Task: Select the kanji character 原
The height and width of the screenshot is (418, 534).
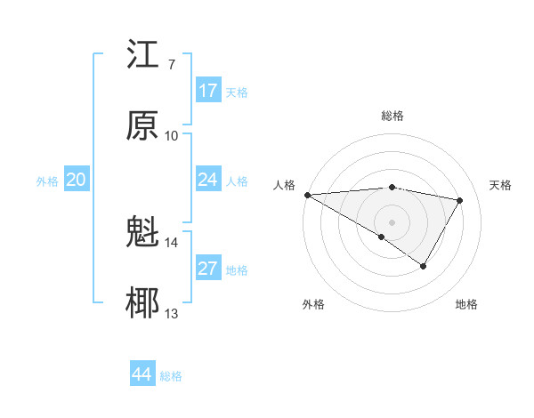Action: [142, 125]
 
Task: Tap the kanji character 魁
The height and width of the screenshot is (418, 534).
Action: [142, 233]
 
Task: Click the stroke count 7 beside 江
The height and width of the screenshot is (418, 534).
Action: [171, 65]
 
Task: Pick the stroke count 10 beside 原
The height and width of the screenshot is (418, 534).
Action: [172, 135]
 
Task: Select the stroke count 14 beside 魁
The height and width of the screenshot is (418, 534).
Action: [172, 242]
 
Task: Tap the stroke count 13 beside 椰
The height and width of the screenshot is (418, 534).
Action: [172, 313]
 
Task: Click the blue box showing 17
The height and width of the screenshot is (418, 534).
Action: [208, 91]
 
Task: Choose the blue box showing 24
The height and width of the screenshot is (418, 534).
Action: [208, 180]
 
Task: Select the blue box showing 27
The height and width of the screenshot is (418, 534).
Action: [208, 269]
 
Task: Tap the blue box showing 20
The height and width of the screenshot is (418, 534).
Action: [76, 180]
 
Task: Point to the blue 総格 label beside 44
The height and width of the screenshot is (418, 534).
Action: [171, 376]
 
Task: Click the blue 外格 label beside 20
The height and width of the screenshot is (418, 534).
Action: [47, 181]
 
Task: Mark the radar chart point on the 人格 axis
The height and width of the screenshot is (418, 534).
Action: [307, 194]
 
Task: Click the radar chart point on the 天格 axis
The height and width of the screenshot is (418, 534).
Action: [459, 200]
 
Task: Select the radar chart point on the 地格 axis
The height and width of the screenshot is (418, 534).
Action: [424, 266]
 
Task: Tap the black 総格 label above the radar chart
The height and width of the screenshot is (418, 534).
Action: [392, 116]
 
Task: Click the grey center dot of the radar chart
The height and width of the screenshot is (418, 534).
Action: [392, 221]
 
